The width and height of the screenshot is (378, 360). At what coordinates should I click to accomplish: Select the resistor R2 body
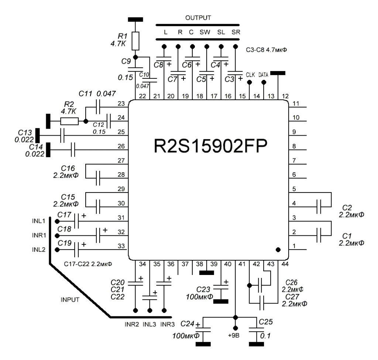(x=69, y=121)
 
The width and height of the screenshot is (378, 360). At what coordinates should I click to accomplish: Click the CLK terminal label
(x=250, y=74)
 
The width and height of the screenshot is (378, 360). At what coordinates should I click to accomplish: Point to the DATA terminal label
(x=263, y=74)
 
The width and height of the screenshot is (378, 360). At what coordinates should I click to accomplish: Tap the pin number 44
(x=284, y=264)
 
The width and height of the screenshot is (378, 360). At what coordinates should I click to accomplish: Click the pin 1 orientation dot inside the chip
(x=278, y=249)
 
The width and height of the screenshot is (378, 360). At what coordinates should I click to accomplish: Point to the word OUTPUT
(x=198, y=18)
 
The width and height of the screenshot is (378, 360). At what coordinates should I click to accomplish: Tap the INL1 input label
(x=38, y=221)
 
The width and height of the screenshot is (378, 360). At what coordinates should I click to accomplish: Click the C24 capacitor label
(x=187, y=324)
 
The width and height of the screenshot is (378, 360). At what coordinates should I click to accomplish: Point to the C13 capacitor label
(x=25, y=132)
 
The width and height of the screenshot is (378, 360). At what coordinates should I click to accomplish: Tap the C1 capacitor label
(x=346, y=235)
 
